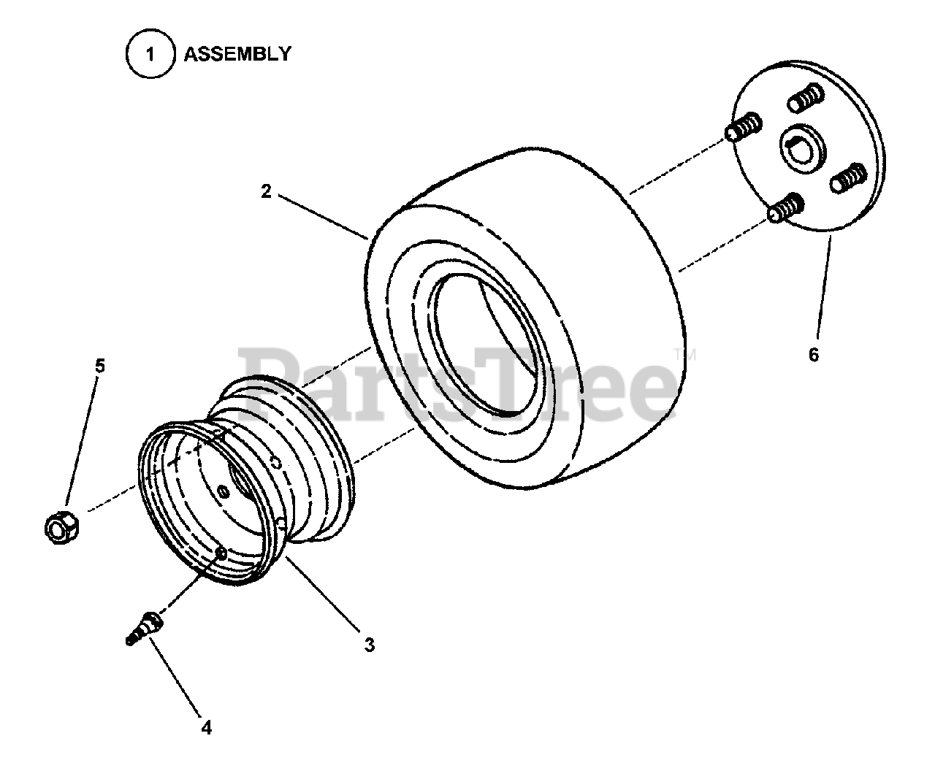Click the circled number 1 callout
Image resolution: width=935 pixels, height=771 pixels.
click(150, 55)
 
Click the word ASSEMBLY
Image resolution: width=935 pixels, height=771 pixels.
click(237, 54)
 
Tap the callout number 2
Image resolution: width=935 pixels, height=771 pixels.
click(266, 191)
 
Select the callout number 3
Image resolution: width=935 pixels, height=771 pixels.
click(370, 645)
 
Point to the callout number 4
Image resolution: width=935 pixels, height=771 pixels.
click(207, 727)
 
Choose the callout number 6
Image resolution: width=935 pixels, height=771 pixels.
click(814, 355)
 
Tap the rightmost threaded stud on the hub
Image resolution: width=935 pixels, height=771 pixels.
click(846, 179)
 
